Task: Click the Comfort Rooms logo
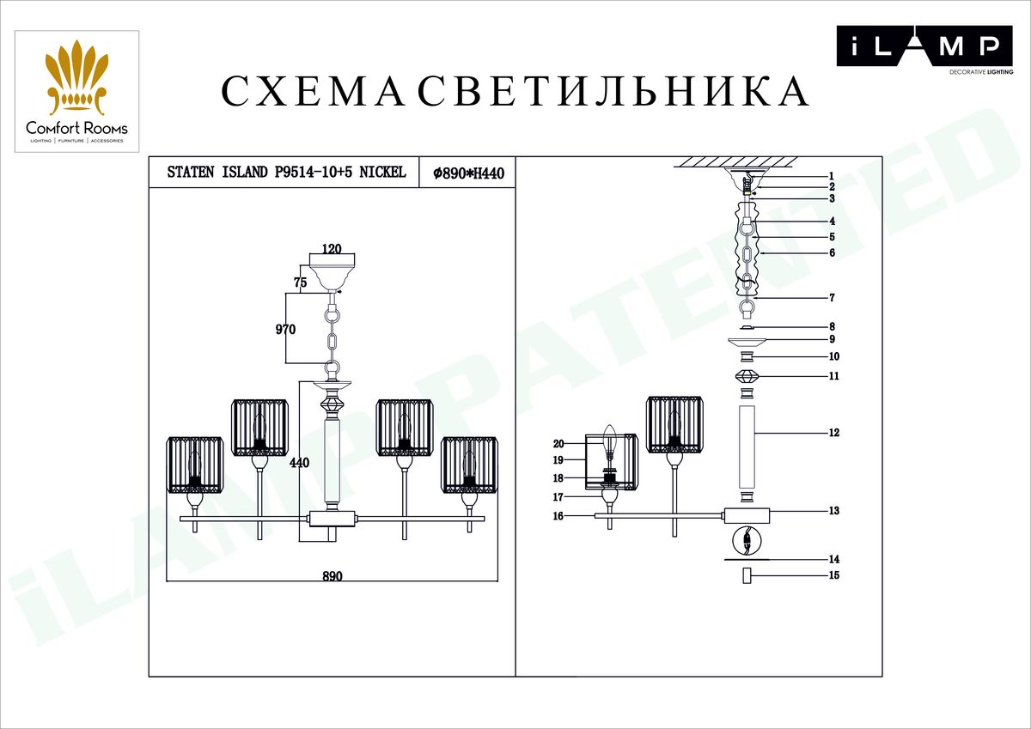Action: pyautogui.click(x=76, y=91)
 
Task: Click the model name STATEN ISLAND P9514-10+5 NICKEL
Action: pyautogui.click(x=286, y=173)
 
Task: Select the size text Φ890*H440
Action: pyautogui.click(x=468, y=173)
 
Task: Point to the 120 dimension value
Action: pyautogui.click(x=332, y=249)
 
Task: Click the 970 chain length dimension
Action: pyautogui.click(x=285, y=330)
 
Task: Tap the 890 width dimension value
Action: pyautogui.click(x=332, y=576)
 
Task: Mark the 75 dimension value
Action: pyautogui.click(x=300, y=282)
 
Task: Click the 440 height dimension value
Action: pyautogui.click(x=299, y=462)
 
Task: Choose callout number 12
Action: pyautogui.click(x=834, y=433)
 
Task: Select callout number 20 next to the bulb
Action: pyautogui.click(x=558, y=444)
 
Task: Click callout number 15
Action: pyautogui.click(x=834, y=575)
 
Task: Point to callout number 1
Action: pyautogui.click(x=832, y=176)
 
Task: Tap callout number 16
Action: pyautogui.click(x=558, y=516)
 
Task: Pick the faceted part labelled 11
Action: pyautogui.click(x=747, y=376)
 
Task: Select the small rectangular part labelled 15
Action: pyautogui.click(x=747, y=575)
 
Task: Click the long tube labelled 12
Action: pyautogui.click(x=747, y=447)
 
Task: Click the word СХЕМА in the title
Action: pyautogui.click(x=314, y=91)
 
